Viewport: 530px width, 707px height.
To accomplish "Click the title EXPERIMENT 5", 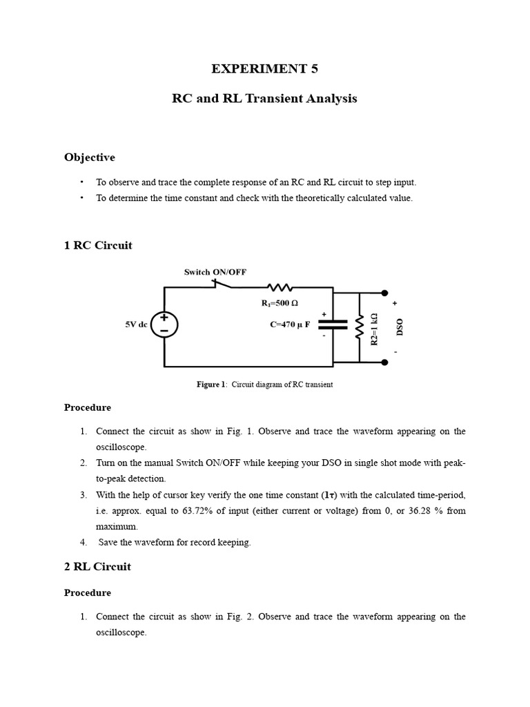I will [x=265, y=68].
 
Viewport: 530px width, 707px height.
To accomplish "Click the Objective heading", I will [x=90, y=157].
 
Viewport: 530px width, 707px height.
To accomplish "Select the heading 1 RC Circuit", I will [x=98, y=245].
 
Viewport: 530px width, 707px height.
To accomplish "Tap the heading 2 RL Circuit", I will [x=97, y=567].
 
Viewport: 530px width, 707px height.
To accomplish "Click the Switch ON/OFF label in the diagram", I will [x=215, y=272].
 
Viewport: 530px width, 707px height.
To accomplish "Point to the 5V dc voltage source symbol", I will [x=164, y=325].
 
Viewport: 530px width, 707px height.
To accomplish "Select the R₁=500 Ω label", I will [x=279, y=303].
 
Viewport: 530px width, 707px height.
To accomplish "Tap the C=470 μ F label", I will [x=290, y=324].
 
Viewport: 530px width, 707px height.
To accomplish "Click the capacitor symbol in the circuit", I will [x=333, y=325].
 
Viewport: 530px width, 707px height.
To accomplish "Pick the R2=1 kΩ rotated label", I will [x=374, y=329].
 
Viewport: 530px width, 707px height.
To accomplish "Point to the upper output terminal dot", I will [x=385, y=293].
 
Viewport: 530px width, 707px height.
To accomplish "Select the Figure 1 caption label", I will [x=212, y=385].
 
